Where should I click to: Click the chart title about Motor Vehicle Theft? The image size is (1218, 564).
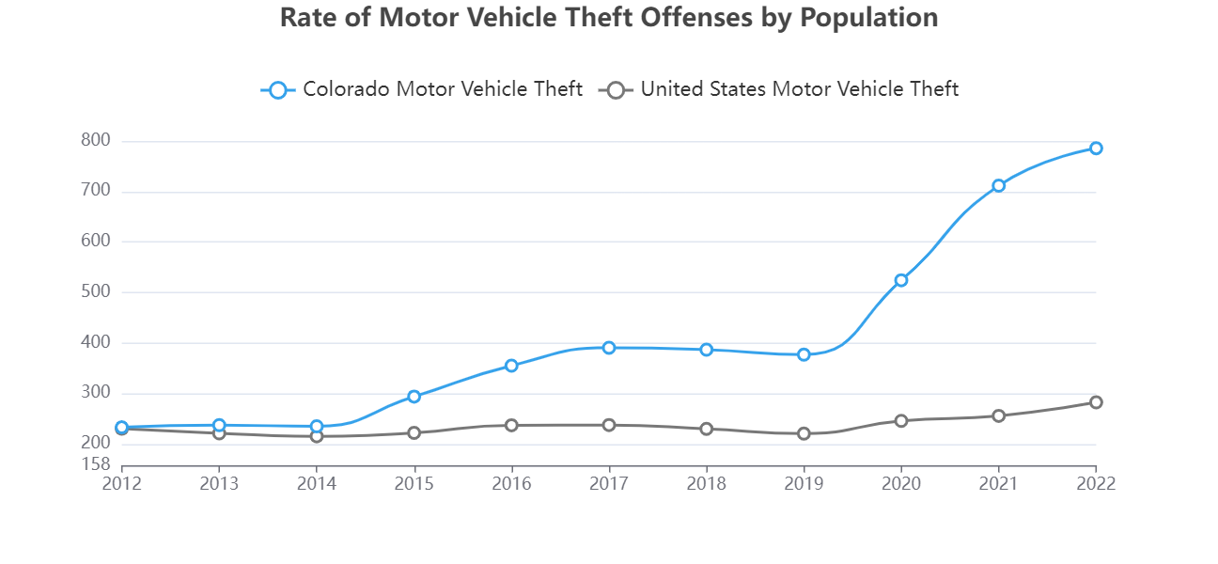tap(609, 18)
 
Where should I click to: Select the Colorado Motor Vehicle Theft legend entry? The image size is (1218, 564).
tap(422, 89)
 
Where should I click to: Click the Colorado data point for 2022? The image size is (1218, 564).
tap(1096, 149)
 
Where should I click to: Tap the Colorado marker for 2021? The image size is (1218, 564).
tap(998, 186)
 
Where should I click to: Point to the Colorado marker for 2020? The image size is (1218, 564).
tap(901, 280)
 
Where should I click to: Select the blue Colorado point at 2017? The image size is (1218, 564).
tap(609, 348)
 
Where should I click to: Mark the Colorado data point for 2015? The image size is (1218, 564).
tap(414, 397)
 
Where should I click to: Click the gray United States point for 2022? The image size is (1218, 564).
tap(1096, 402)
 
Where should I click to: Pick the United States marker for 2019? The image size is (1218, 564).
tap(804, 433)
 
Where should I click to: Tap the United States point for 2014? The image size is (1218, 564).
tap(317, 436)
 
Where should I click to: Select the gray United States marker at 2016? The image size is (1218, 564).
tap(511, 425)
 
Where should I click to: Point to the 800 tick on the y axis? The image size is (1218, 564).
tap(97, 141)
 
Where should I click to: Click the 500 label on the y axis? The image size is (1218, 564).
tap(97, 292)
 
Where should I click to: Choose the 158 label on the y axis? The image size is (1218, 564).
tap(97, 464)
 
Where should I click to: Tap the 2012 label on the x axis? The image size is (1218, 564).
tap(122, 484)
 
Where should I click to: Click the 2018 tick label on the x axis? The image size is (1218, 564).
tap(706, 484)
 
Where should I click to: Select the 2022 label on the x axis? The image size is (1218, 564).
tap(1096, 484)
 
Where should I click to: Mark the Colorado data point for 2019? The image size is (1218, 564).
tap(804, 354)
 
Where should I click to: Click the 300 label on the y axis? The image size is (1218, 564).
tap(97, 393)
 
